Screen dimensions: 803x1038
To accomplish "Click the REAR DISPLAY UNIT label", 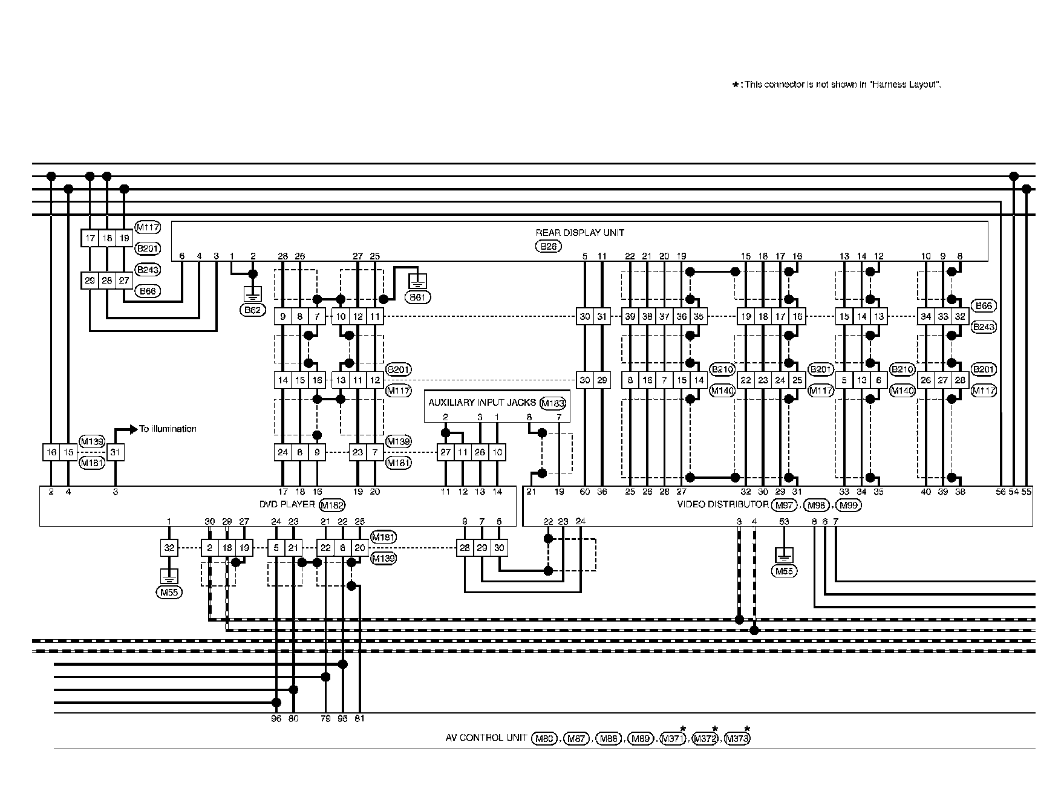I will [579, 233].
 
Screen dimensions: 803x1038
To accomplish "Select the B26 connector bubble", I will [548, 246].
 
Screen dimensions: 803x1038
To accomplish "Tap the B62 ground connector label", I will [252, 311].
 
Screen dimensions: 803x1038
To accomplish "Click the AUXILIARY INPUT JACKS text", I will [482, 403].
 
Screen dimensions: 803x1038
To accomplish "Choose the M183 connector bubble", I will [552, 403].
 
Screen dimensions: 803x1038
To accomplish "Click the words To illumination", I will [168, 429].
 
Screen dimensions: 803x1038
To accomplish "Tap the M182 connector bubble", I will [331, 506].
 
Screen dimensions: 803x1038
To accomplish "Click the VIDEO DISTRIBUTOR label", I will [722, 504].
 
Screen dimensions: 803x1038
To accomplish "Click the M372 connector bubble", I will [705, 738].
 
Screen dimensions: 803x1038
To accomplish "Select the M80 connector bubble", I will [544, 738].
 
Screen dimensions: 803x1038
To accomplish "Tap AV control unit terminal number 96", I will [276, 719].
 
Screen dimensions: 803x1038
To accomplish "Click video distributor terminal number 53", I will [784, 521].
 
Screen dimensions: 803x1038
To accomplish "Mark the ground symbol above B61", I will [418, 281].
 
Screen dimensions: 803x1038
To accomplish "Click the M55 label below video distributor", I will [784, 571].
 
